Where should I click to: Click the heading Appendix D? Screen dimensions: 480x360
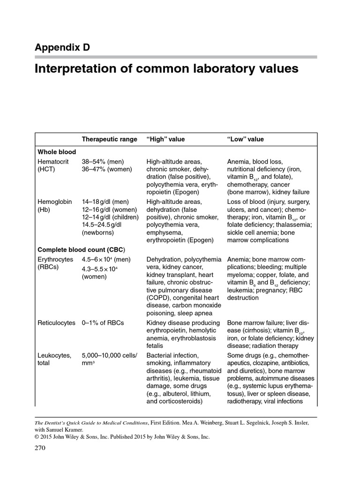point(62,47)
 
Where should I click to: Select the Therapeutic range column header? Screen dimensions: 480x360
point(110,139)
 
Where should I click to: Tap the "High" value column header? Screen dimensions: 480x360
point(166,139)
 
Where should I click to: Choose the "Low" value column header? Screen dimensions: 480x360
point(246,139)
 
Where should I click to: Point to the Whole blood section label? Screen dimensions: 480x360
point(57,152)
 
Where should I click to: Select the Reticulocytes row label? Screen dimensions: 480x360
point(56,323)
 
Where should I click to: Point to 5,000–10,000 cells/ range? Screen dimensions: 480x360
point(110,355)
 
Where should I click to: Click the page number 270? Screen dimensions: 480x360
point(41,448)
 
